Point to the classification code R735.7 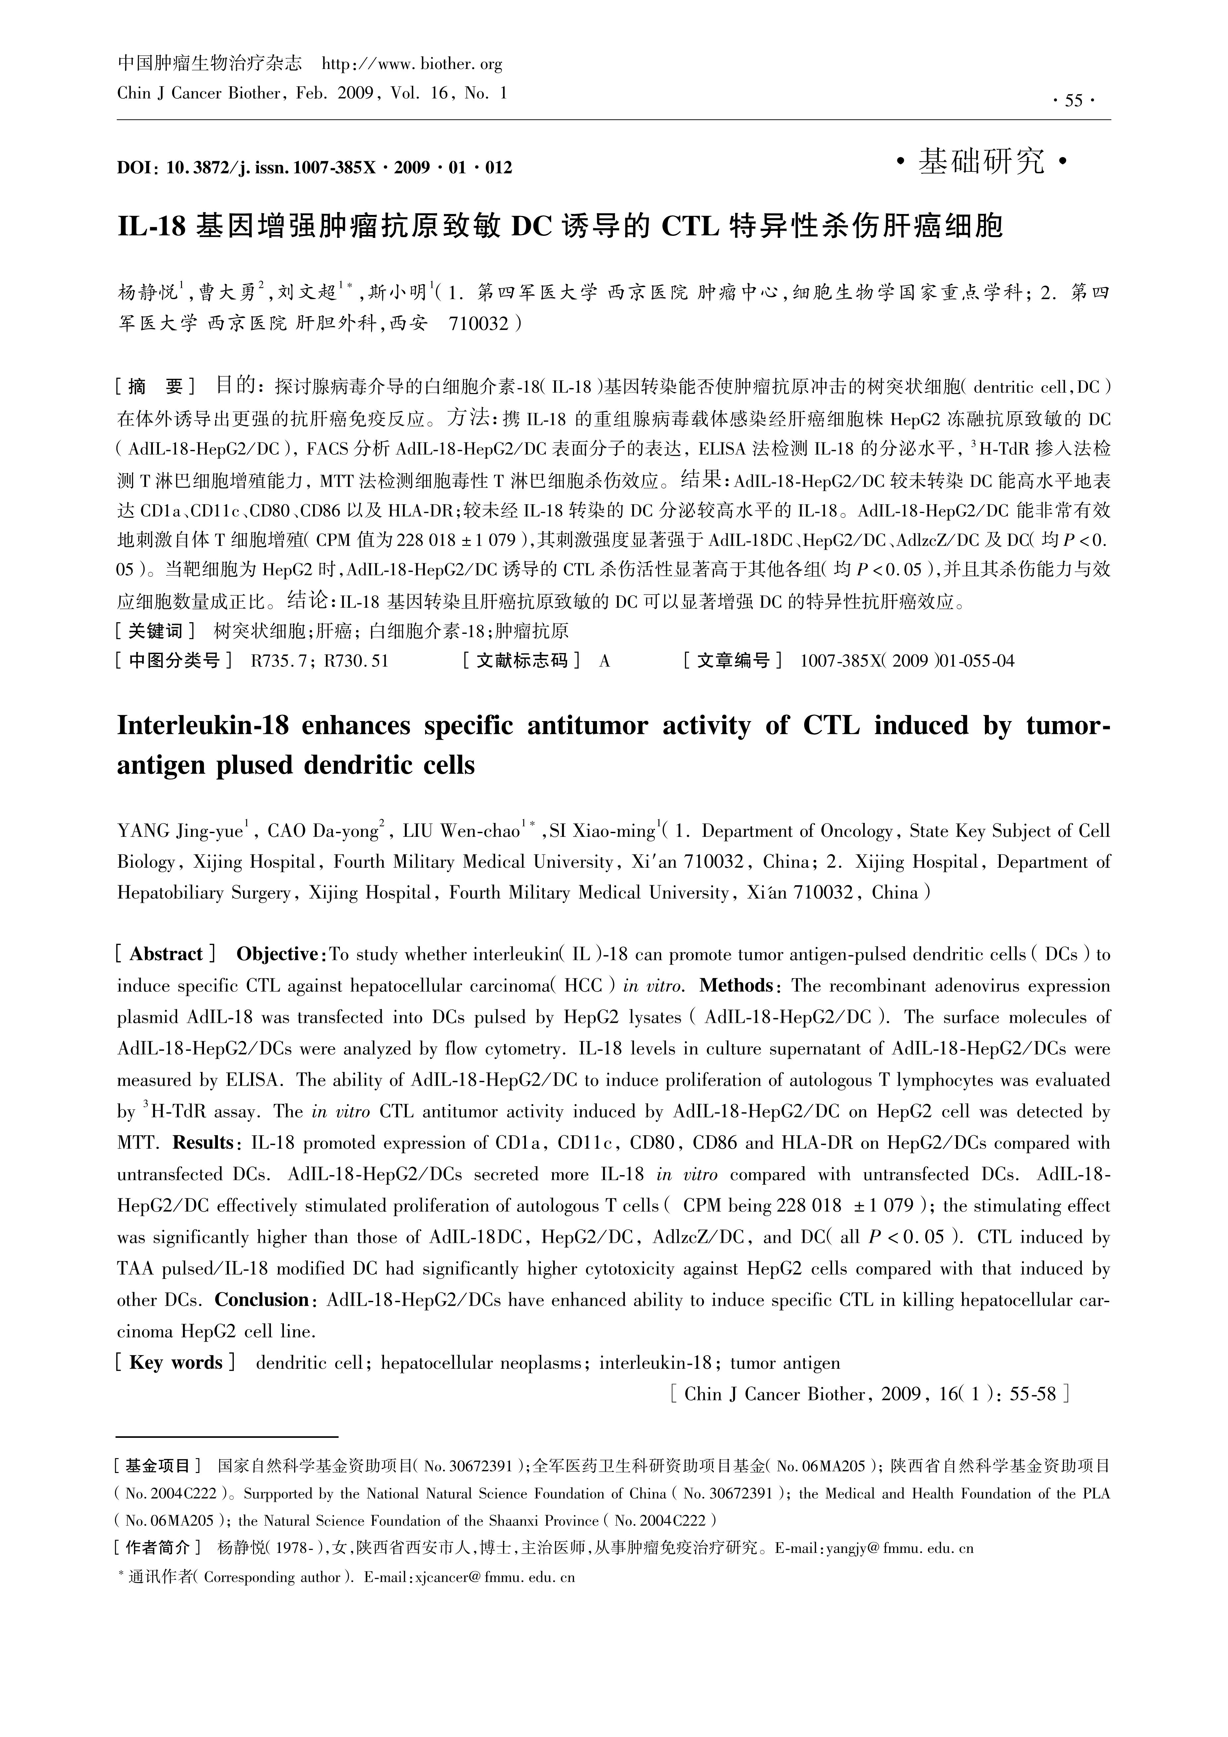(x=278, y=661)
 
